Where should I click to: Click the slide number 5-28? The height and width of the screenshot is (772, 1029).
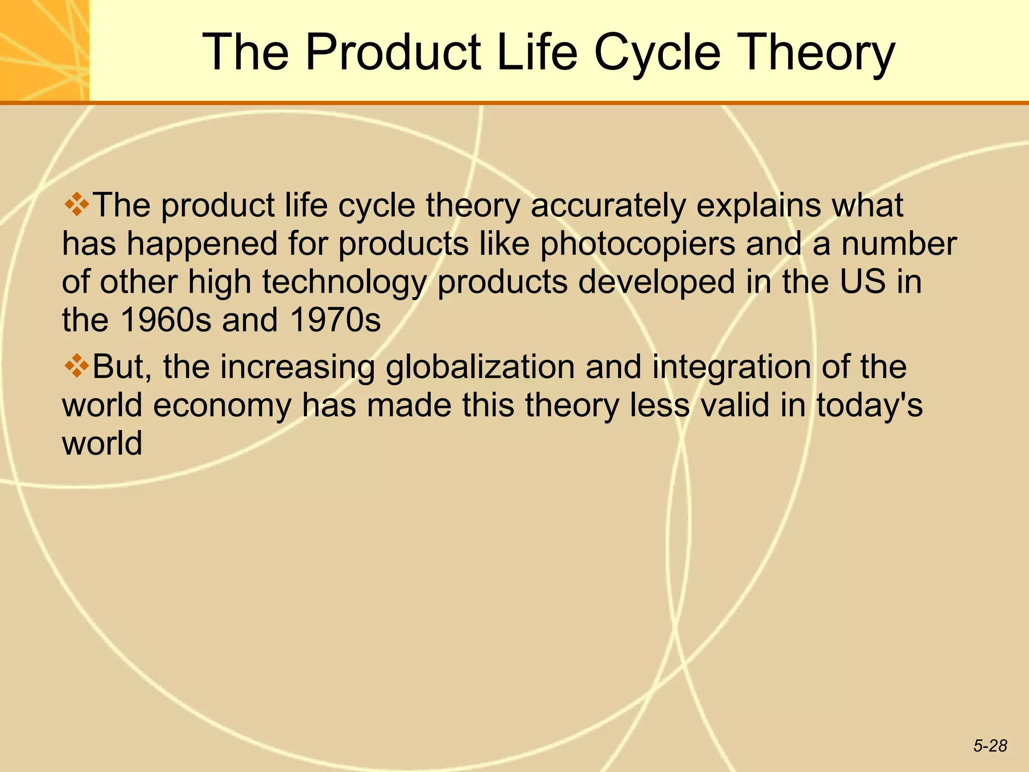click(x=990, y=746)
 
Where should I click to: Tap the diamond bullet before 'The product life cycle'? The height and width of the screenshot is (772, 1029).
click(x=76, y=205)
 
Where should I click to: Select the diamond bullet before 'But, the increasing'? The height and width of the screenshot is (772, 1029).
click(x=76, y=365)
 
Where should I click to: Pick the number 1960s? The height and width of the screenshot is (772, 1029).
click(x=166, y=320)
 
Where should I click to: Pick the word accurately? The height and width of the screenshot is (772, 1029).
click(x=608, y=206)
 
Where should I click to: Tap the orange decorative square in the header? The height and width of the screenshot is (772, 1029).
click(x=44, y=50)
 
